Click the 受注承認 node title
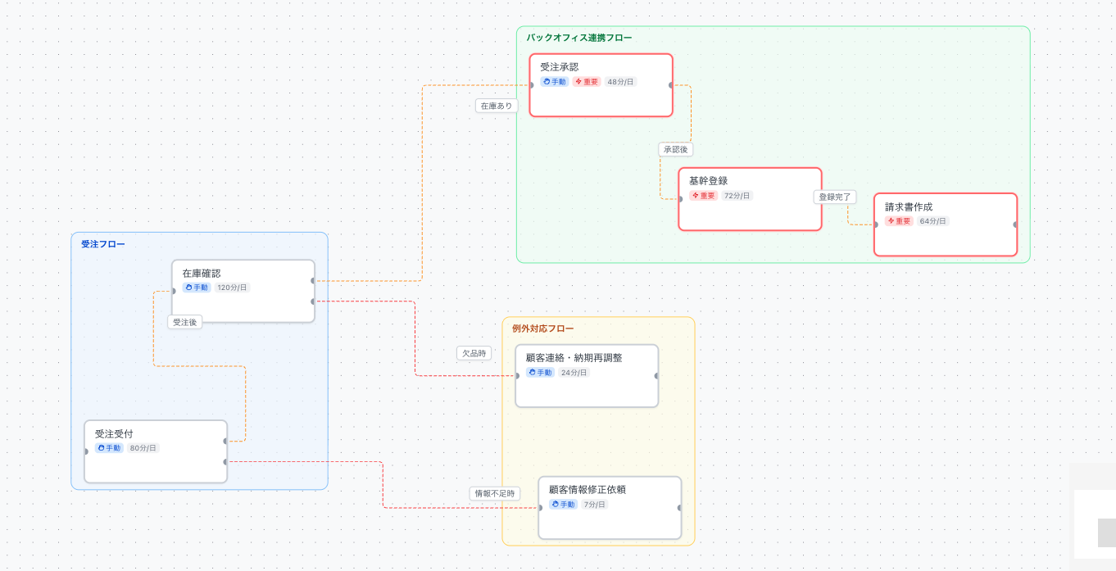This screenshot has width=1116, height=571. [559, 67]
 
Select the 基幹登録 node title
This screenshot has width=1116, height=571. [708, 181]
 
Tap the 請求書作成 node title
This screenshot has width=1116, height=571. [909, 206]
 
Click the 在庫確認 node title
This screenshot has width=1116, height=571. [201, 273]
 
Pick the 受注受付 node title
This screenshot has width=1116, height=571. [114, 433]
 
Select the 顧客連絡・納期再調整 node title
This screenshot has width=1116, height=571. [574, 358]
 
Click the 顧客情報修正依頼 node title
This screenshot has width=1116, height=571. [587, 490]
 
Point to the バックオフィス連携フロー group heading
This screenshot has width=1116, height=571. [579, 38]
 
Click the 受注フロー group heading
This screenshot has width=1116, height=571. [103, 244]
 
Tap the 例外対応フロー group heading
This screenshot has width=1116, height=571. [542, 329]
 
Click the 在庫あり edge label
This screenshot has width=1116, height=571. [497, 106]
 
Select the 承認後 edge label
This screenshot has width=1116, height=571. [677, 150]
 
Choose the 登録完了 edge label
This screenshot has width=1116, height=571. [835, 197]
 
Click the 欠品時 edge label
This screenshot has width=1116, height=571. [474, 353]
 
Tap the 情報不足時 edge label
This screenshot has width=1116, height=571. [495, 493]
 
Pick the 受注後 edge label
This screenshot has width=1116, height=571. [185, 322]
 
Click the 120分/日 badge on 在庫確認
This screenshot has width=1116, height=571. [232, 288]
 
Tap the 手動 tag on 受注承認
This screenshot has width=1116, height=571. [555, 82]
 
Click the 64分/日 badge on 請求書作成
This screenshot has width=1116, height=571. [932, 221]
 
